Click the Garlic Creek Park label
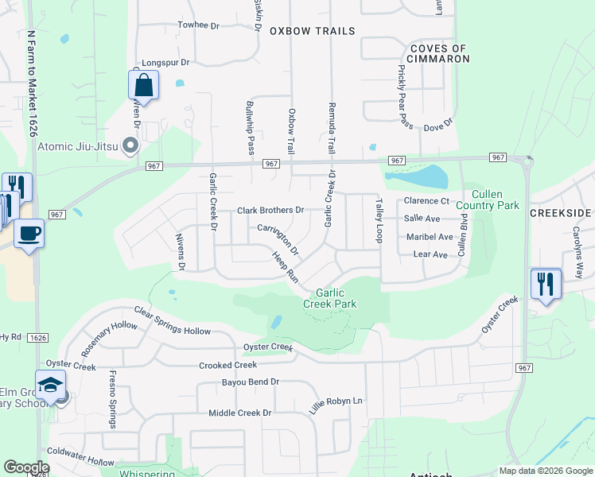click(x=329, y=297)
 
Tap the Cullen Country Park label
click(x=495, y=200)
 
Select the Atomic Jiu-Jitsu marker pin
click(x=133, y=145)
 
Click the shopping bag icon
click(x=143, y=84)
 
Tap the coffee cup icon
click(x=29, y=233)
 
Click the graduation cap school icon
click(x=50, y=385)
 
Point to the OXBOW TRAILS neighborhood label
click(x=312, y=31)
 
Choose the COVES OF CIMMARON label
click(x=437, y=53)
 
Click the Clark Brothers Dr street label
click(x=271, y=211)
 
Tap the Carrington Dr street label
click(x=278, y=239)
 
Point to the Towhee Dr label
click(x=198, y=25)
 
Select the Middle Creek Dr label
click(x=239, y=413)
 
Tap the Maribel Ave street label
click(x=428, y=237)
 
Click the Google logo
click(x=27, y=467)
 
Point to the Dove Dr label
click(x=437, y=126)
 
